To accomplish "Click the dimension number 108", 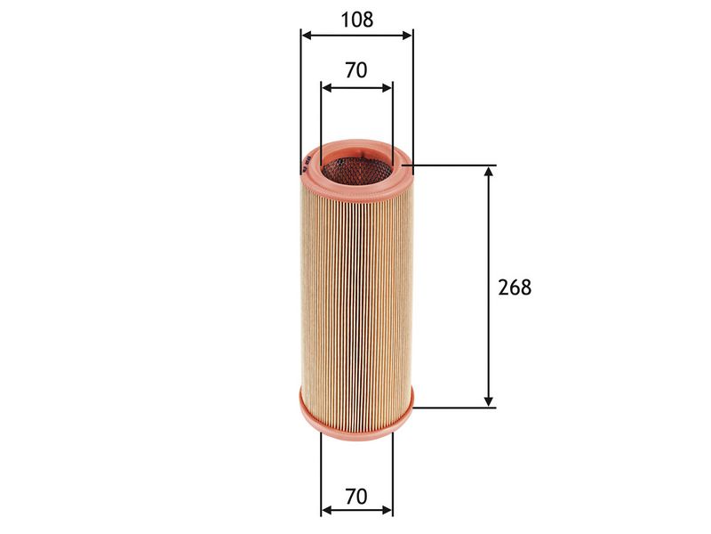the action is click(x=357, y=20).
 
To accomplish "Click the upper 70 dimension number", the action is click(x=356, y=70).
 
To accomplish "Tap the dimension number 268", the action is click(x=515, y=287).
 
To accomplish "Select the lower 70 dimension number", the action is click(x=356, y=497).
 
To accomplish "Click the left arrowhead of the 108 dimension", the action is click(x=306, y=36).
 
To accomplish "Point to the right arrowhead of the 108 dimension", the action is click(x=407, y=36).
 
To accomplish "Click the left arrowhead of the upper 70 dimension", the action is click(x=326, y=87).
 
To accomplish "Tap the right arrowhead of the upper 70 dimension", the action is click(x=387, y=87).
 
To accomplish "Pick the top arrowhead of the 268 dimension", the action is click(x=488, y=171).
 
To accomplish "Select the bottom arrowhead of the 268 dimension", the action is click(x=488, y=401).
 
